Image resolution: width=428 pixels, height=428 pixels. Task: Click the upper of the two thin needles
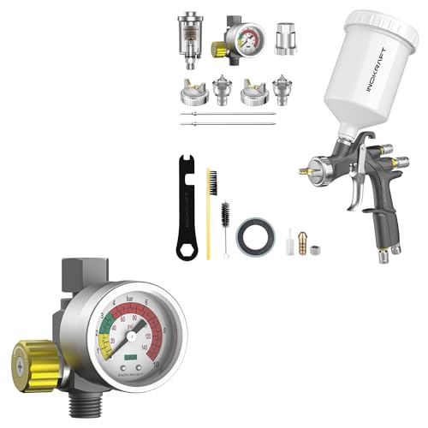228,113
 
